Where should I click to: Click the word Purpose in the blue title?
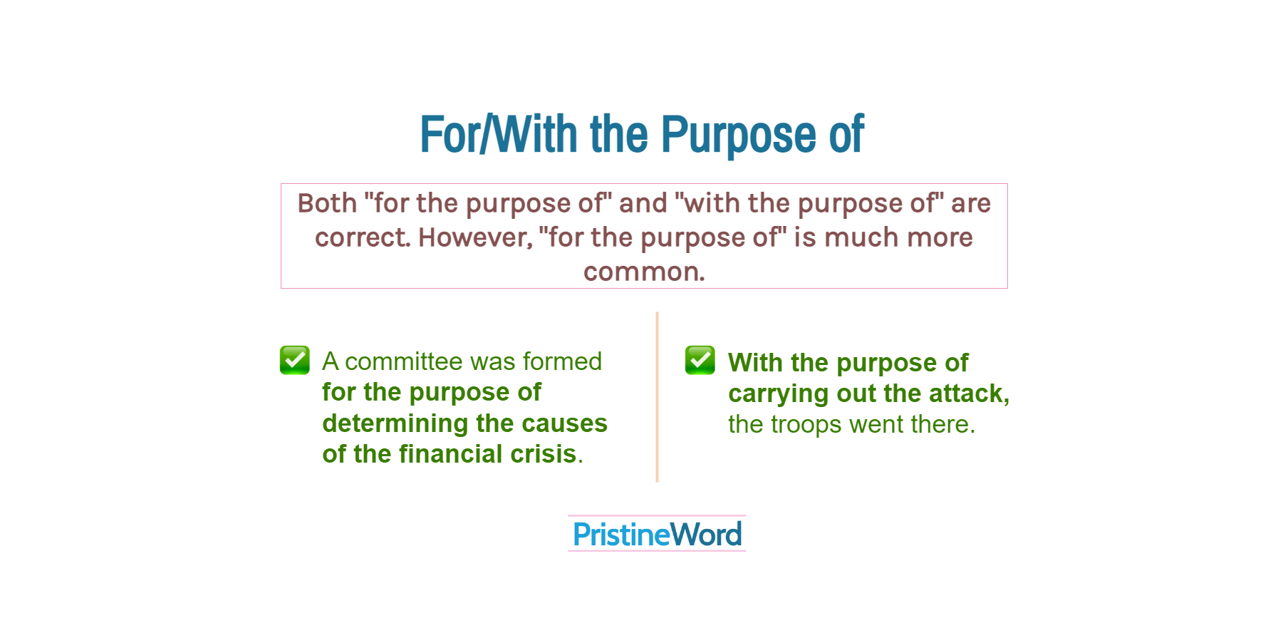[738, 135]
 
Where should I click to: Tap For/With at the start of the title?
[499, 134]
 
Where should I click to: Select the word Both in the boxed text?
[327, 203]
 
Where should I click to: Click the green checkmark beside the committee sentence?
[295, 360]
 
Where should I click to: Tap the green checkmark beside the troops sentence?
[700, 360]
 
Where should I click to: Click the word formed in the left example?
[562, 361]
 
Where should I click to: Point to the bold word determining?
[395, 423]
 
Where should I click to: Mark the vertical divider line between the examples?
[657, 397]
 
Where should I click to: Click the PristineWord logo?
[657, 534]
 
